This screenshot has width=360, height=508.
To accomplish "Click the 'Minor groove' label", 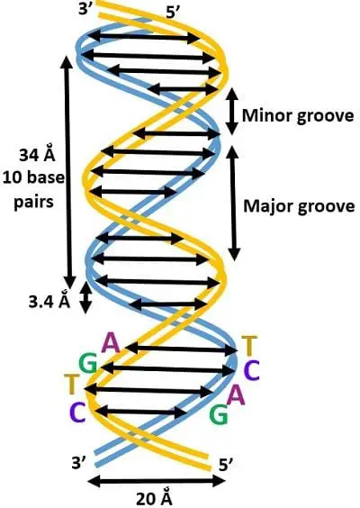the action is pos(298,116).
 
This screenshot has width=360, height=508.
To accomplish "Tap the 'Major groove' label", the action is pos(299,206).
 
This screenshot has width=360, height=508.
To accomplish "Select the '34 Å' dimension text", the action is pos(37,155).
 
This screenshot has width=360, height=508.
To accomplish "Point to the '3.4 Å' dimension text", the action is pos(49,302).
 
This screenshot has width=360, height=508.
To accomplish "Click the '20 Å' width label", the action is pos(154,498).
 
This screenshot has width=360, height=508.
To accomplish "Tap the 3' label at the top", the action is pos(85,9).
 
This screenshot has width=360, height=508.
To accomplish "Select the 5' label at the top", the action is pos(173,14).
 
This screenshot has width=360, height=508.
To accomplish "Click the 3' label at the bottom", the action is pos(79,463).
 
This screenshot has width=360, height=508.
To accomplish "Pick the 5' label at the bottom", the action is pos(226,466).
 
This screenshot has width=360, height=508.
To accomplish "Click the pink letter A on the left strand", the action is pos(111,343).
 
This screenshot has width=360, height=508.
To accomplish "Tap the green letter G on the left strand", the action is pos(88,364).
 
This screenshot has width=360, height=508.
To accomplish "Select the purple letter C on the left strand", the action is pos(77,413).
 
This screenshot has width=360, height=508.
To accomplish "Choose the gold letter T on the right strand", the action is pos(249,346).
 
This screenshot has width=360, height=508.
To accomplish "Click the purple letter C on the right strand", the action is pos(251,370).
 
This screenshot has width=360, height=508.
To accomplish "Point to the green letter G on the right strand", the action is pos(219,415).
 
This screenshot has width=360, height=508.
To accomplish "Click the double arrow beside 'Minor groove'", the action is pos(231,112).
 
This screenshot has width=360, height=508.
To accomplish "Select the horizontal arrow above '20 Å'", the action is pos(157,481).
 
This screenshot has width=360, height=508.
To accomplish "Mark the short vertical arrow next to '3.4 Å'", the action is pos(85,296).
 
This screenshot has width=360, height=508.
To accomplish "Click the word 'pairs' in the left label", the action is pos(33,203).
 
